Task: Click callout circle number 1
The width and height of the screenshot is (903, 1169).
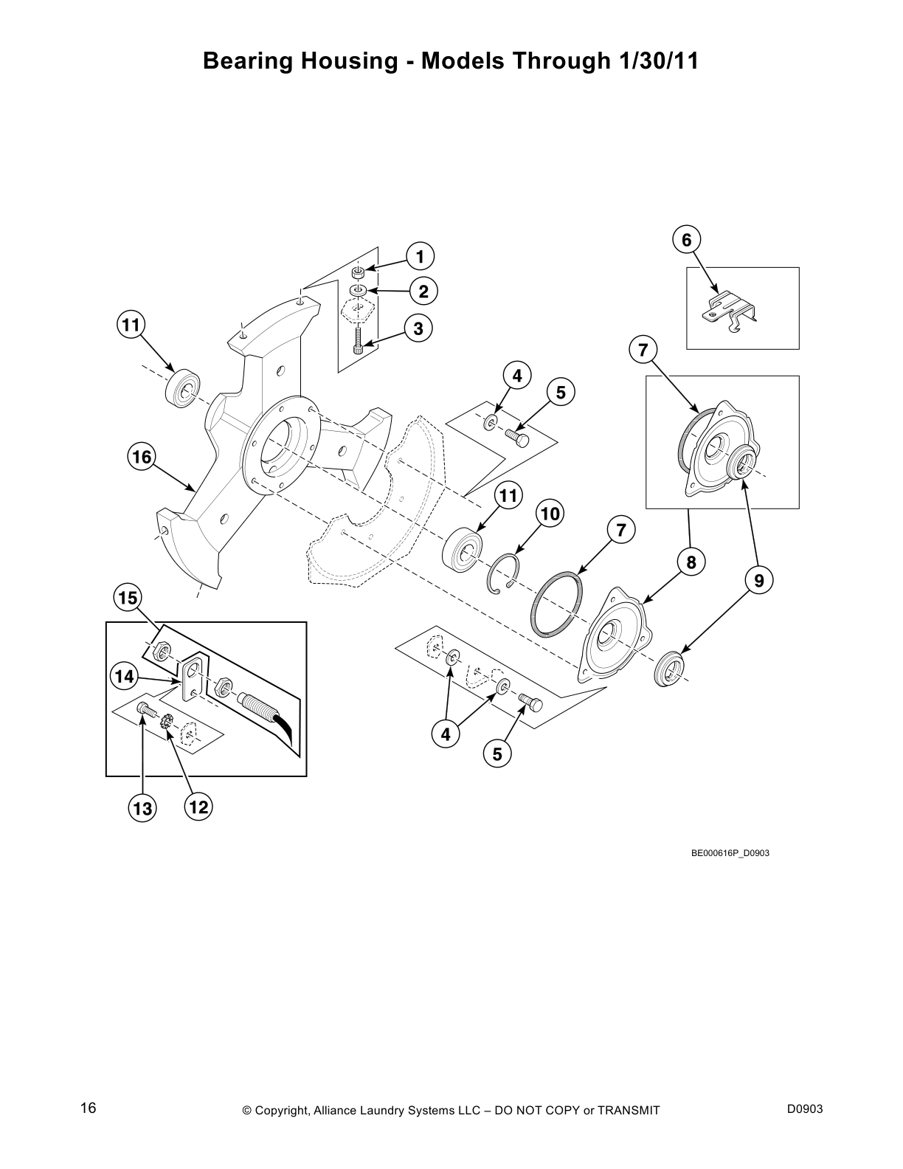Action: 420,257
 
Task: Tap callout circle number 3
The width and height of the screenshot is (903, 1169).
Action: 418,328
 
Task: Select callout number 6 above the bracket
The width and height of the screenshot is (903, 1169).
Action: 686,240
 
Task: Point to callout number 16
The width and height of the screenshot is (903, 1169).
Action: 142,458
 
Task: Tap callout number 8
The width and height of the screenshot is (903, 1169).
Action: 691,563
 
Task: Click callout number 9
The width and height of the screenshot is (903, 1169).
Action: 759,580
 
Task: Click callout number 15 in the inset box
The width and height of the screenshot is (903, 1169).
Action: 128,597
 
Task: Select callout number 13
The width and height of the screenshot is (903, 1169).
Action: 141,808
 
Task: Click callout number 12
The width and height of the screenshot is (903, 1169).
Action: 198,807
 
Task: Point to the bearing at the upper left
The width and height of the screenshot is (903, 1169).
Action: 181,389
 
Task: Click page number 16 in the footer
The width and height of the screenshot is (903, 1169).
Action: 89,1108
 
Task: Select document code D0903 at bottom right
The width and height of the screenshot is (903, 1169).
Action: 804,1109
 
